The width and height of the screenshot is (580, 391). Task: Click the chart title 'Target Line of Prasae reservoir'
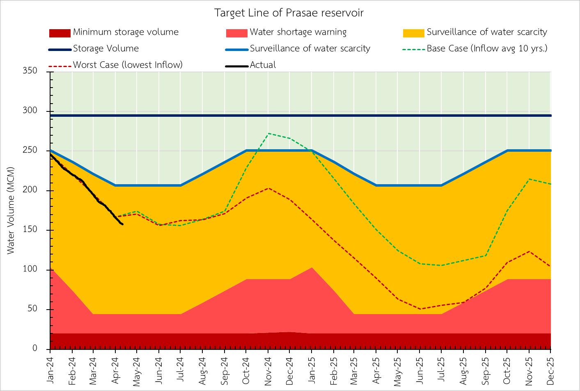pos(289,13)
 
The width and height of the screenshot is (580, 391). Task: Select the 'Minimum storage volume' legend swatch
pos(60,32)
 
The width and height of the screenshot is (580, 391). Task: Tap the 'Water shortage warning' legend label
pos(298,32)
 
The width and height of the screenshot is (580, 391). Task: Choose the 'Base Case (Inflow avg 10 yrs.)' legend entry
pos(487,49)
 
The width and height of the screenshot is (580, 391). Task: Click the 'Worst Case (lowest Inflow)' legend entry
pos(128,65)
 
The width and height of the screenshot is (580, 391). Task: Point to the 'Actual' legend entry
pos(263,65)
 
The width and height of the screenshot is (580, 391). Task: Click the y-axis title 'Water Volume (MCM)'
pos(11,210)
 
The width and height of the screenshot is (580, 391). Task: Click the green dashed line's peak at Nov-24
pos(268,133)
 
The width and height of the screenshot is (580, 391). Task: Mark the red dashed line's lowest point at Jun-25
pos(420,309)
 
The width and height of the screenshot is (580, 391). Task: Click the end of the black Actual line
pos(122,224)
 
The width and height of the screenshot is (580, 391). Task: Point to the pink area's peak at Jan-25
pos(312,268)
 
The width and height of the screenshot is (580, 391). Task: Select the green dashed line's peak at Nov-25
pos(529,179)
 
